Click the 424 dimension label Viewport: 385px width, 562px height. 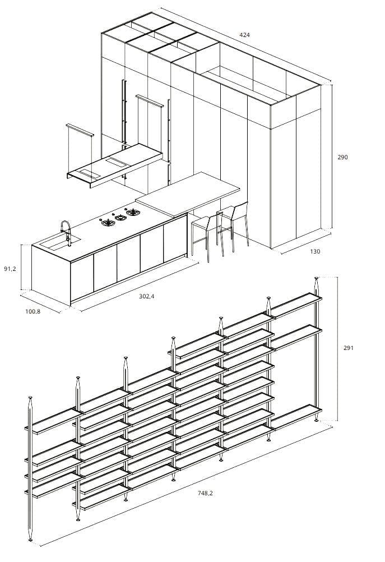pyautogui.click(x=244, y=35)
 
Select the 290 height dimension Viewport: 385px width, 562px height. pyautogui.click(x=342, y=157)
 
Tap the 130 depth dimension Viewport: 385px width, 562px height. pyautogui.click(x=315, y=251)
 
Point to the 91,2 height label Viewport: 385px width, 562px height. pyautogui.click(x=10, y=269)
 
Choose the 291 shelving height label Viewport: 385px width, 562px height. pyautogui.click(x=349, y=348)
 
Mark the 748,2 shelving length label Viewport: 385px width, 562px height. pyautogui.click(x=205, y=493)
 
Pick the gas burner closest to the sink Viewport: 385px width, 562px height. pyautogui.click(x=108, y=223)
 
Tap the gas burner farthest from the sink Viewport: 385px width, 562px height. pyautogui.click(x=133, y=212)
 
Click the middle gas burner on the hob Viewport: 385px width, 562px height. pyautogui.click(x=120, y=217)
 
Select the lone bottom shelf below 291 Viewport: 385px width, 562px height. pyautogui.click(x=295, y=417)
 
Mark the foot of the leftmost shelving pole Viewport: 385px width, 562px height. pyautogui.click(x=30, y=539)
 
